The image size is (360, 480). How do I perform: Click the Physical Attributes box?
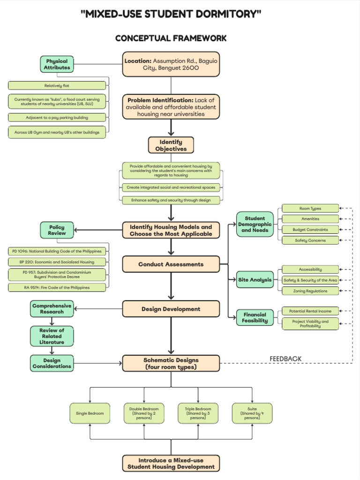click(57, 64)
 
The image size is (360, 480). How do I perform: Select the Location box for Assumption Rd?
click(171, 64)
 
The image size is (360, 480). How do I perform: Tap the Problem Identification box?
click(171, 107)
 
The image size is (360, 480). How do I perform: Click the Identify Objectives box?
click(171, 145)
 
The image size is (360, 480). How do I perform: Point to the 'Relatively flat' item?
click(57, 86)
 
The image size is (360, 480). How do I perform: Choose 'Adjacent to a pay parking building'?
click(57, 117)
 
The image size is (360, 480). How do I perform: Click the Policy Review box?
click(57, 230)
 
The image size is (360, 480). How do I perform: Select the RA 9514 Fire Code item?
click(57, 287)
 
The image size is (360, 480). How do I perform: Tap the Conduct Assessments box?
click(171, 264)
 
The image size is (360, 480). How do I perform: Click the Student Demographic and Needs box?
click(255, 224)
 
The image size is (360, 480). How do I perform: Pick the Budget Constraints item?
click(310, 230)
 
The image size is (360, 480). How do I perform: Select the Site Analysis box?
click(255, 280)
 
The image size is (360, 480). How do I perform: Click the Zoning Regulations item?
click(310, 291)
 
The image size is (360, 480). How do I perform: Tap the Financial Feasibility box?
click(255, 318)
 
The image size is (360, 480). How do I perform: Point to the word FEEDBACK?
click(285, 359)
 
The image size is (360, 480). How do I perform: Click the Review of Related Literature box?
click(51, 336)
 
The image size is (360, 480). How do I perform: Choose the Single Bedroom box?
click(90, 414)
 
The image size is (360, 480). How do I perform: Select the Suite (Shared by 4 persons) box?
click(252, 414)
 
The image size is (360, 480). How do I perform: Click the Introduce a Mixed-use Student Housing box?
click(171, 463)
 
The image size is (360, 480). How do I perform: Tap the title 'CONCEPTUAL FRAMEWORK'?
click(171, 38)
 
